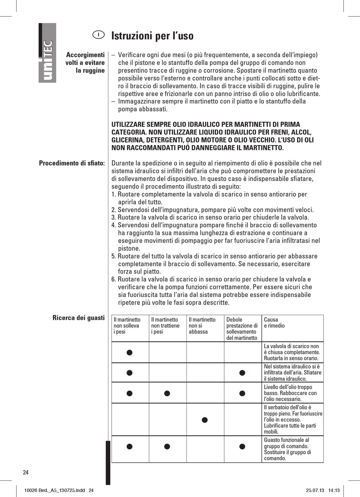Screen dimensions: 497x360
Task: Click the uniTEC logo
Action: [x=47, y=53]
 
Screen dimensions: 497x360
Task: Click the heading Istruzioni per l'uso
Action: [x=152, y=36]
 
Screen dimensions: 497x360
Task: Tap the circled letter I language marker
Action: [x=98, y=35]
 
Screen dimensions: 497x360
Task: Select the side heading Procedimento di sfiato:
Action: [x=72, y=163]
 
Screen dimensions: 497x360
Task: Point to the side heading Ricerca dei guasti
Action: [x=78, y=318]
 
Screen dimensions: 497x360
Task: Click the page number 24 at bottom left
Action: [x=26, y=472]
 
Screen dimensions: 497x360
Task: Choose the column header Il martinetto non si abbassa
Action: [x=202, y=326]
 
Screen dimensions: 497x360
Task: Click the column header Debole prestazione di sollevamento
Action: [x=242, y=328]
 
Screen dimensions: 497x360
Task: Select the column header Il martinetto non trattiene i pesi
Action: [x=165, y=326]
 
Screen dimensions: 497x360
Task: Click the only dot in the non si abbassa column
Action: [x=205, y=419]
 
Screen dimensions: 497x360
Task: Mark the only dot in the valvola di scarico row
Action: [x=130, y=352]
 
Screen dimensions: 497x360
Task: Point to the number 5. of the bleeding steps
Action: [x=114, y=256]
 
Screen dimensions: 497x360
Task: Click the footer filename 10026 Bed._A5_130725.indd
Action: [x=54, y=490]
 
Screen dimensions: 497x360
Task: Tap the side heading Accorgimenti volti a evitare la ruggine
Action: [x=85, y=63]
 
